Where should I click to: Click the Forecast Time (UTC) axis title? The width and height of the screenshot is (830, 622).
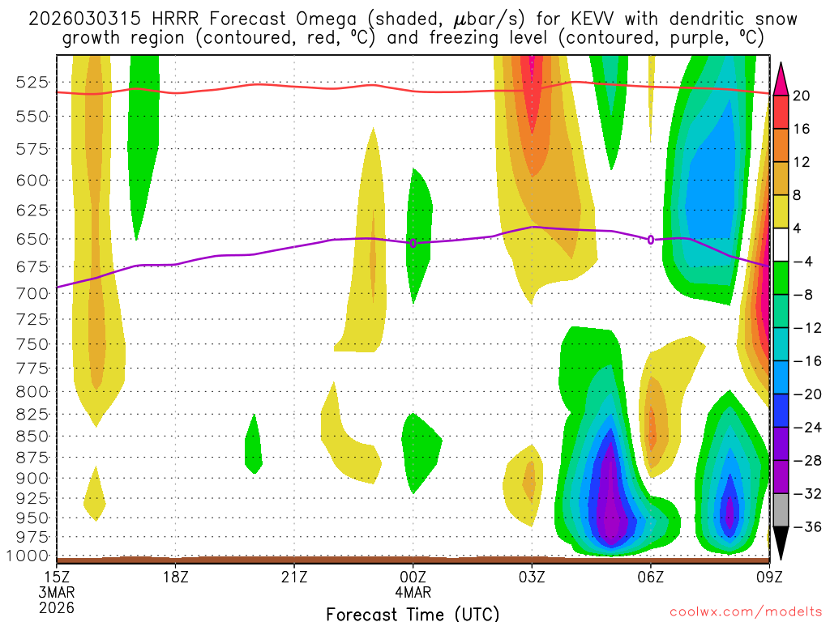click(x=413, y=613)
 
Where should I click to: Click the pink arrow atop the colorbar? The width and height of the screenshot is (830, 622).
click(x=781, y=77)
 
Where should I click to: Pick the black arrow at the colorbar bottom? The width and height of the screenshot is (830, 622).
click(x=781, y=543)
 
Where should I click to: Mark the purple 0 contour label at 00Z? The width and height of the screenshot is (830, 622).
click(x=413, y=243)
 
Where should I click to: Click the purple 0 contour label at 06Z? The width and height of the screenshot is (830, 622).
click(x=651, y=239)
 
